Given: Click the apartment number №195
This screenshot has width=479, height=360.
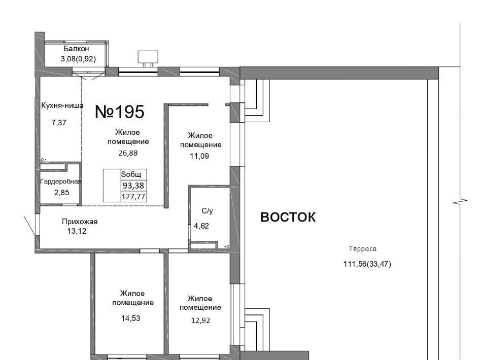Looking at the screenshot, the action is [x=119, y=112].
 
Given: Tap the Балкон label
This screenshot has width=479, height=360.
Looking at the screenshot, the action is [x=77, y=49].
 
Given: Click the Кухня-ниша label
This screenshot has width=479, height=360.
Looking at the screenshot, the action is [x=62, y=105].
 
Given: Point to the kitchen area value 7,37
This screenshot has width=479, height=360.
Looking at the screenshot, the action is [x=59, y=123].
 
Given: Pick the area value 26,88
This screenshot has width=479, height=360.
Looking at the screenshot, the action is [x=128, y=153].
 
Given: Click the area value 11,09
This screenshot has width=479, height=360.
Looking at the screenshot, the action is [x=199, y=156].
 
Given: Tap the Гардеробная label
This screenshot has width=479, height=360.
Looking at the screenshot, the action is [x=61, y=182].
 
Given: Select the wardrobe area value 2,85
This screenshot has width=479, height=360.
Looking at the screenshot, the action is [x=62, y=193].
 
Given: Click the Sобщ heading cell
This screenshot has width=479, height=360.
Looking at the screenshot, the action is [x=131, y=174].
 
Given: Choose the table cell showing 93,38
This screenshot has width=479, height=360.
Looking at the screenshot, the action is [x=133, y=186].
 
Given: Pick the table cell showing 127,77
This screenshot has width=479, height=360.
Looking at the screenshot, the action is [x=133, y=197].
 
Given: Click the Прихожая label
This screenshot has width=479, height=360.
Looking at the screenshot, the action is [x=80, y=222].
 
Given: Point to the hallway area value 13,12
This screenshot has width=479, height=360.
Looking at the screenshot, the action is [x=77, y=231].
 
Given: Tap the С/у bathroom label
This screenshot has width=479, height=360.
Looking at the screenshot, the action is [x=207, y=211].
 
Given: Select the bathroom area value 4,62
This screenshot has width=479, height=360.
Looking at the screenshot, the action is [x=201, y=226].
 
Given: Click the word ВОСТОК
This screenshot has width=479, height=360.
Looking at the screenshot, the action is [x=288, y=218].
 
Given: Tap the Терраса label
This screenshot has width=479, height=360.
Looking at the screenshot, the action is [x=363, y=249].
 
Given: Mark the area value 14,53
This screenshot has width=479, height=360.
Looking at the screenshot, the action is [x=131, y=318].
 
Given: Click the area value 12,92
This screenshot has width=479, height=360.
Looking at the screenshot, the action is [x=201, y=320].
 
